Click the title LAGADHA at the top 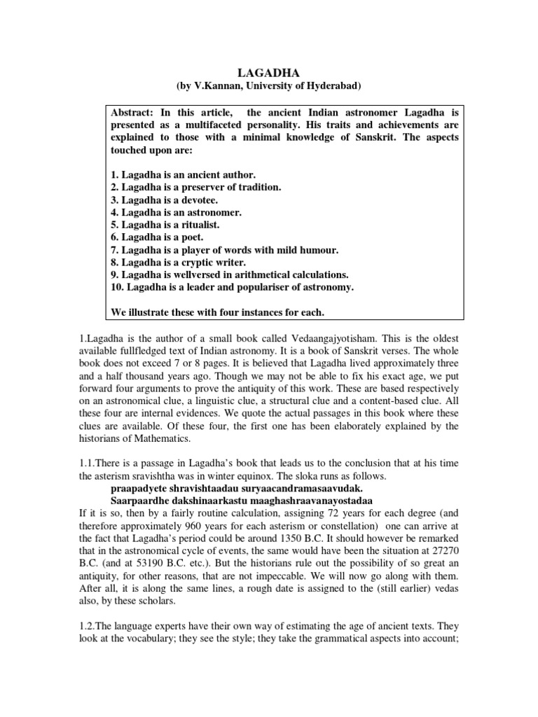pyautogui.click(x=268, y=71)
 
